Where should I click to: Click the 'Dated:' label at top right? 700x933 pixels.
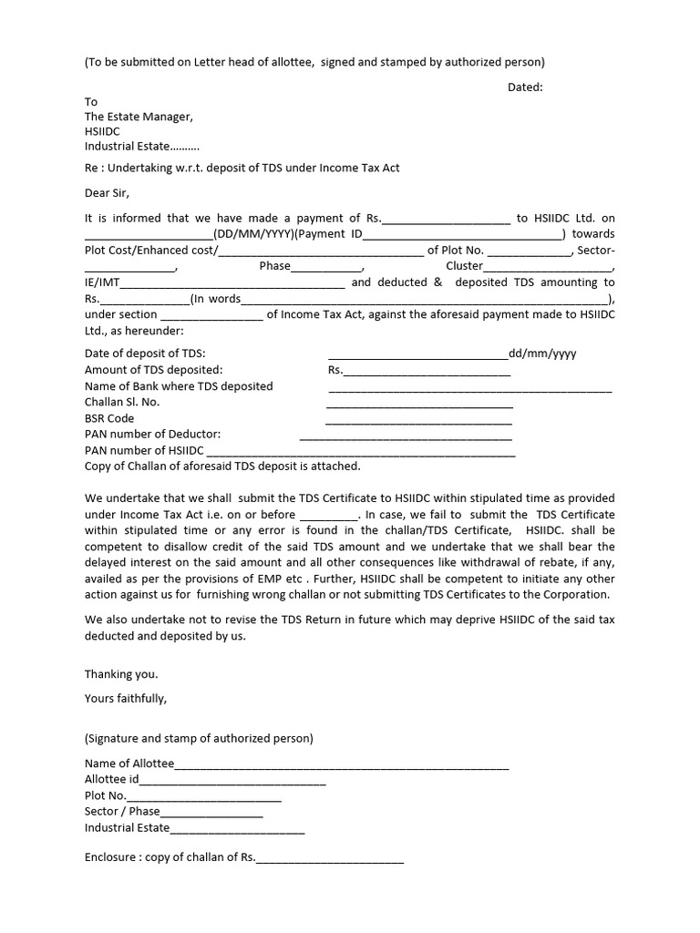[x=525, y=87]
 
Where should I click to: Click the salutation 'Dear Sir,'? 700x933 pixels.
[x=108, y=192]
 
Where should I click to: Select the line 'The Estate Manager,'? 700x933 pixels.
[x=139, y=117]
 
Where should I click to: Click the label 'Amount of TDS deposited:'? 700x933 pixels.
[x=153, y=370]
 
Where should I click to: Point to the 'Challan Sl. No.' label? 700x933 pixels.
[x=122, y=402]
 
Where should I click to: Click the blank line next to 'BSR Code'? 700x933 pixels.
[x=418, y=421]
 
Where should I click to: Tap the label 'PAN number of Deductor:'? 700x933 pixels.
[x=152, y=435]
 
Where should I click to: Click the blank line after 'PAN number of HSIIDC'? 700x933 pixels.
[x=361, y=452]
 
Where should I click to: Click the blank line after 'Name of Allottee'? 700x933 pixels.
[x=342, y=765]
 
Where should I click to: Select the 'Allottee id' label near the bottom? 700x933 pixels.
[x=111, y=780]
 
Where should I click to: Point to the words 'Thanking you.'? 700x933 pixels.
[x=121, y=674]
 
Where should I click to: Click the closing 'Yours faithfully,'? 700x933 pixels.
[x=126, y=699]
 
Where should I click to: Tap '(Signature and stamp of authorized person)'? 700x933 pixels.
[x=199, y=738]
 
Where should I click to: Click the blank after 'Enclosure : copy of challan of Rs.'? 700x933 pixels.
[x=330, y=859]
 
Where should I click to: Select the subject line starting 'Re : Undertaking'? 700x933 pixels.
[x=242, y=168]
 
